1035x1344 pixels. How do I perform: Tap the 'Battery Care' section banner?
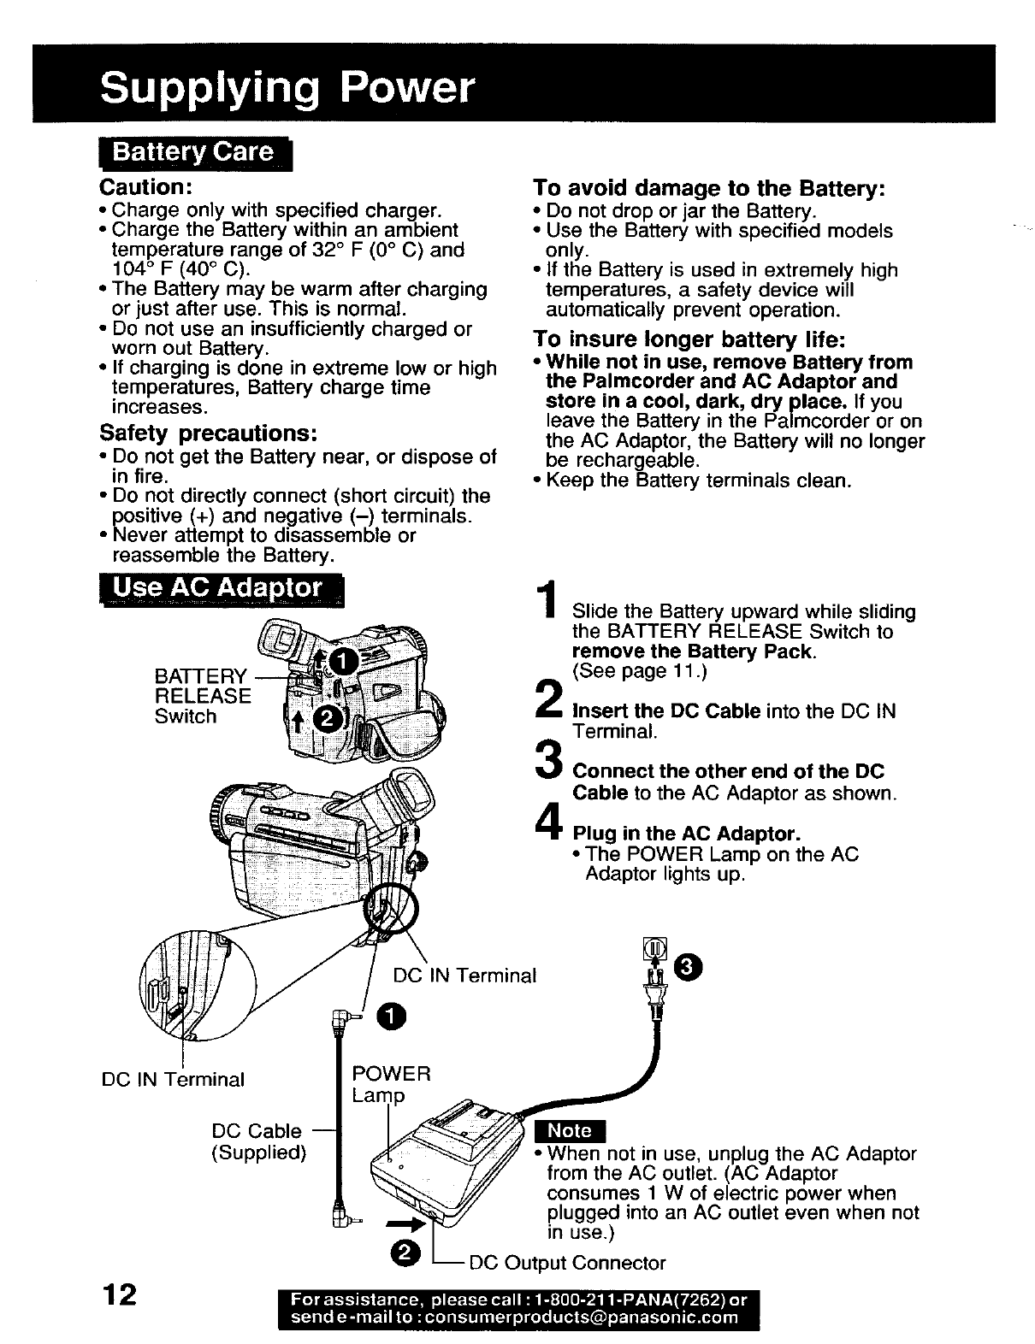[x=195, y=153]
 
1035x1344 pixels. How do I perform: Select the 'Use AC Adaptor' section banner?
[x=220, y=589]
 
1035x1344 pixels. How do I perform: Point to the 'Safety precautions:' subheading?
[x=210, y=432]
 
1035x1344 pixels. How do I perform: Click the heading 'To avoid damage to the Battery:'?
[x=708, y=187]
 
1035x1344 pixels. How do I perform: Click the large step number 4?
[x=548, y=822]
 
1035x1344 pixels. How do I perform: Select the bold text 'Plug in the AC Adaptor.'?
[x=686, y=834]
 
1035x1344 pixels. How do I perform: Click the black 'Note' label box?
[x=570, y=1130]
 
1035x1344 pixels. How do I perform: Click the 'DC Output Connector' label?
[x=568, y=1263]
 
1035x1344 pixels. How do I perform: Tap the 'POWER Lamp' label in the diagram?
[x=391, y=1084]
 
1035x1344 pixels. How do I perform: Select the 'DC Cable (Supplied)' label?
[x=258, y=1141]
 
